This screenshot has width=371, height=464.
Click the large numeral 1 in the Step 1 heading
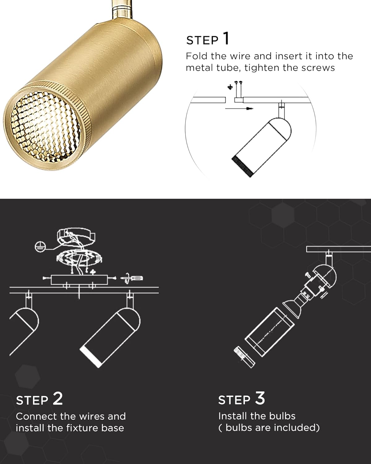226,39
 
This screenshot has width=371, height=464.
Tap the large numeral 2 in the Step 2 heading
58,398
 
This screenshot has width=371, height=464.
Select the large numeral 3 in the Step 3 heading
260,398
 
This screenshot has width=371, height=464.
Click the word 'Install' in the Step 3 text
231,416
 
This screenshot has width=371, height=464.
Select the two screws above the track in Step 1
238,88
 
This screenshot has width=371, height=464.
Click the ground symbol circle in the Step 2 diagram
39,246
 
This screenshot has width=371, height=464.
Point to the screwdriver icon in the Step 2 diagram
133,277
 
